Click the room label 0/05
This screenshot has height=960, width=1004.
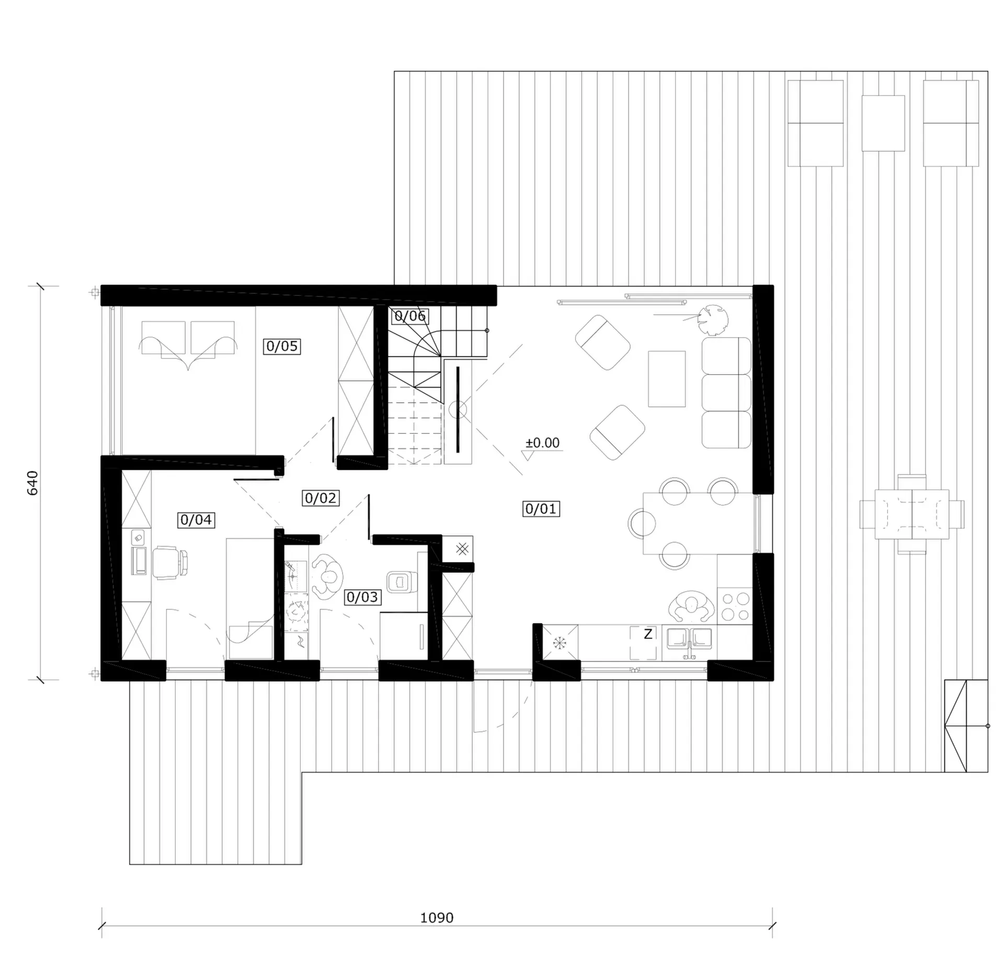pos(282,346)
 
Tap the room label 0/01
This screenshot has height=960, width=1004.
pos(541,508)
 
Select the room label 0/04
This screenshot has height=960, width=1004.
pos(196,519)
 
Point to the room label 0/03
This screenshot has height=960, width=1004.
pos(362,597)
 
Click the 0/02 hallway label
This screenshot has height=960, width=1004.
pos(321,498)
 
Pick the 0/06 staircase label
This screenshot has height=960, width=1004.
pos(410,316)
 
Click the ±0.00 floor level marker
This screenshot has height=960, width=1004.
pos(542,443)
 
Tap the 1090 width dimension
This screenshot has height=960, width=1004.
pos(437,918)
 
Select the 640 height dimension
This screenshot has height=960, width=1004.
pos(32,483)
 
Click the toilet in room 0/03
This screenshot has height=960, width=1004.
pos(402,581)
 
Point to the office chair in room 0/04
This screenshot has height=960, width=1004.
pos(170,562)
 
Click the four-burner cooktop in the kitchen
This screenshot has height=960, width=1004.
pos(735,606)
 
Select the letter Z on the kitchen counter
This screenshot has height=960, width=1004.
pos(648,634)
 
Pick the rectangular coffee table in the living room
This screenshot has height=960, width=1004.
pos(667,379)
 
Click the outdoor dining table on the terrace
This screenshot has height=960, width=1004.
pos(912,514)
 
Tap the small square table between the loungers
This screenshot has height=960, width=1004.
pos(883,123)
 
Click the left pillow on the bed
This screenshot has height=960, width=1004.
pos(163,338)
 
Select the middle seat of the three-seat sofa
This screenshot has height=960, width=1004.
pos(727,393)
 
